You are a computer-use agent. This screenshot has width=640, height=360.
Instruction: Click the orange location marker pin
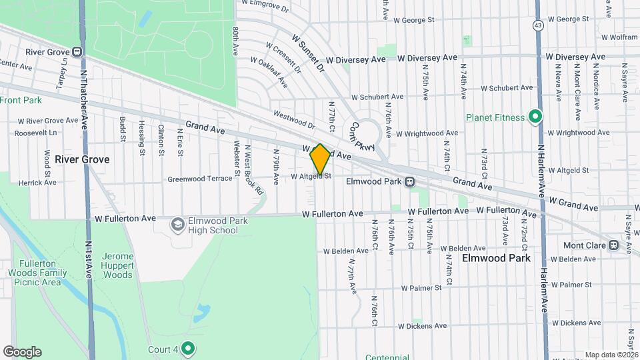[320, 159]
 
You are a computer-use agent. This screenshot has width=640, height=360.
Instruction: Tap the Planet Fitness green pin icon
[534, 117]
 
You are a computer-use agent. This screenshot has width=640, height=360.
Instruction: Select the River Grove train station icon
[78, 52]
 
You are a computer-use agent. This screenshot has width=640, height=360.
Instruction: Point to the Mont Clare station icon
[627, 245]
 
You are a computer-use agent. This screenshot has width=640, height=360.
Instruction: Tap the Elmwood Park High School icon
[177, 225]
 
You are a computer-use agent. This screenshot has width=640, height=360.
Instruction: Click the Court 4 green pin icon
[188, 349]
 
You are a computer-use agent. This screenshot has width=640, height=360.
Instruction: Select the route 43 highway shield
[537, 25]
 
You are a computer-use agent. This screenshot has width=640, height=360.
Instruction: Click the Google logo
[22, 352]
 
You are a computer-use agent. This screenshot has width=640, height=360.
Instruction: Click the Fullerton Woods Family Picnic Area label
[33, 273]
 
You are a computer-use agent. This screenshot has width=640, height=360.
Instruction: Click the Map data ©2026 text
[611, 355]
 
